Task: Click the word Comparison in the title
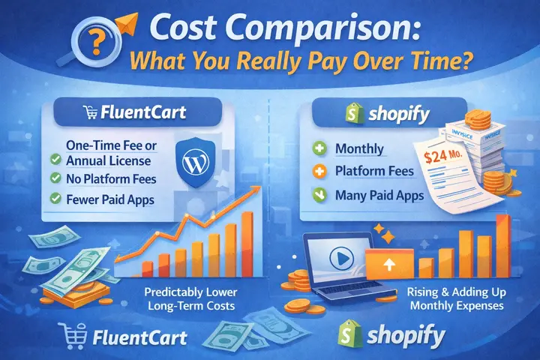[x=325, y=32]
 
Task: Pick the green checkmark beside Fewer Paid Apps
[x=54, y=199]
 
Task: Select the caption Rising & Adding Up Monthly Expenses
[x=460, y=298]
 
